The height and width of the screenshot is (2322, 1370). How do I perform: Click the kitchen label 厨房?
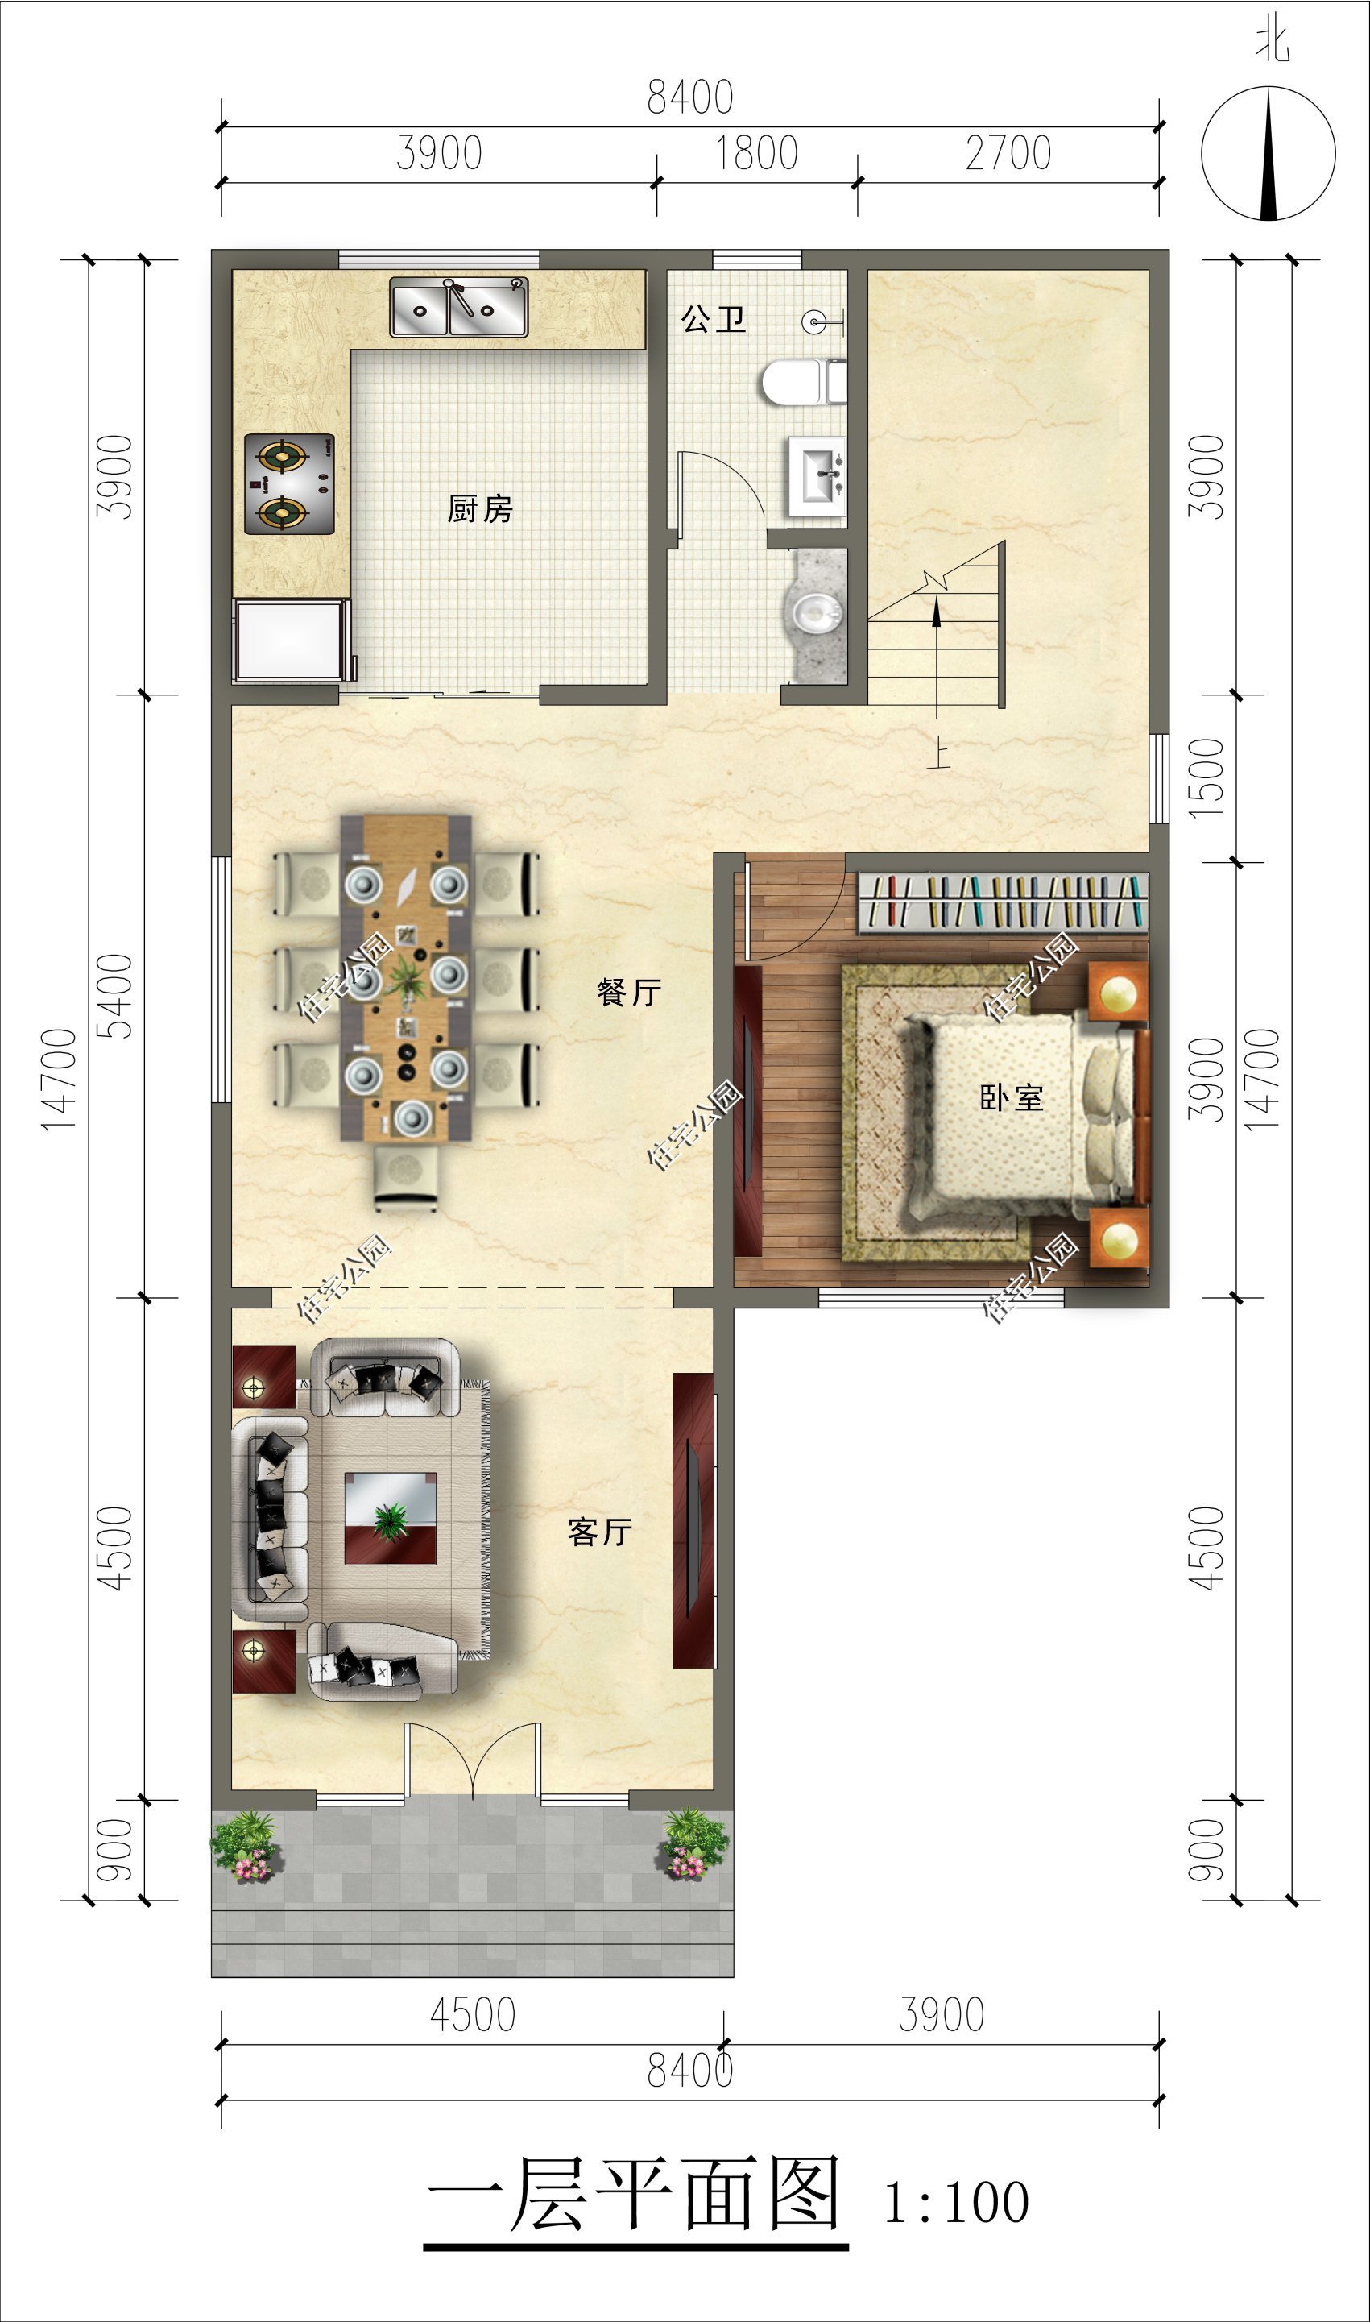480,508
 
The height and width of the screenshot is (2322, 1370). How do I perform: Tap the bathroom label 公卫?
713,319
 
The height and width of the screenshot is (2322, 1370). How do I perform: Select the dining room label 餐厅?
630,992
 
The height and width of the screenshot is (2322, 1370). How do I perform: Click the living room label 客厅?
600,1532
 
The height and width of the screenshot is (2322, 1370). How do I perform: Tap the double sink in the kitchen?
459,306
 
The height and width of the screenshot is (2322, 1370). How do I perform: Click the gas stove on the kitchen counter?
289,483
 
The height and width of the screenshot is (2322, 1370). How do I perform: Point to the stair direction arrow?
937,658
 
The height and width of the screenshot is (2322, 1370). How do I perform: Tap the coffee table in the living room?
391,1518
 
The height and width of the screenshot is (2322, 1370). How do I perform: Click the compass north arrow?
1270,154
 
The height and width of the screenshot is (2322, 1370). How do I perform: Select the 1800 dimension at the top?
757,153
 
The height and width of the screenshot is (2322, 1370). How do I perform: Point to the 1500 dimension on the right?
1207,777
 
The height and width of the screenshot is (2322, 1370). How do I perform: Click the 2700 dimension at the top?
1008,153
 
